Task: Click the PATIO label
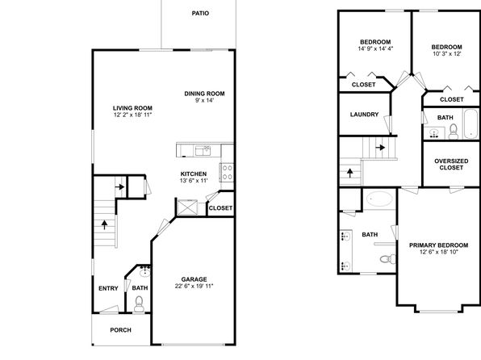[x=200, y=13]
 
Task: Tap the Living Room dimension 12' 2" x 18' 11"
[x=132, y=115]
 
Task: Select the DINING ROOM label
[x=204, y=94]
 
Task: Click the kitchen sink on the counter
[x=203, y=151]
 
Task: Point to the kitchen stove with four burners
[x=227, y=172]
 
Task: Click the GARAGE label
[x=194, y=279]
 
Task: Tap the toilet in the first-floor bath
[x=139, y=303]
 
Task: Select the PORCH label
[x=120, y=330]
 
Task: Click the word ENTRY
[x=108, y=288]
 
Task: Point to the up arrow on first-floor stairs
[x=105, y=224]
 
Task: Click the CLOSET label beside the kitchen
[x=220, y=207]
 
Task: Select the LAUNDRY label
[x=364, y=114]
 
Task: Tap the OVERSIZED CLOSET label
[x=451, y=164]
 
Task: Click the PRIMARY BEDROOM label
[x=439, y=245]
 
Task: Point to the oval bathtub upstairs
[x=379, y=199]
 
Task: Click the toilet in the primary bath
[x=387, y=259]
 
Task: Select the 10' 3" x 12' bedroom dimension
[x=447, y=54]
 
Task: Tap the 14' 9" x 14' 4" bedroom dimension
[x=375, y=48]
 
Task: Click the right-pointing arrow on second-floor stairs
[x=380, y=148]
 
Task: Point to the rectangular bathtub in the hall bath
[x=471, y=123]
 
